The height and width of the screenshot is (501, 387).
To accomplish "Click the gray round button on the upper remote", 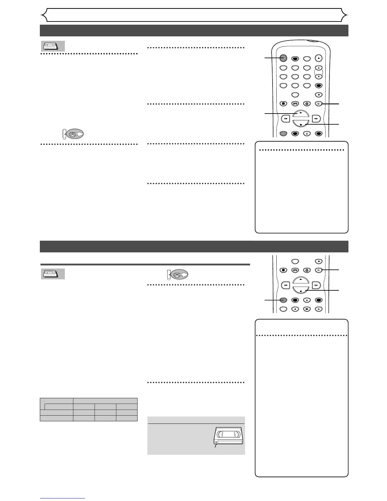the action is coord(283,58).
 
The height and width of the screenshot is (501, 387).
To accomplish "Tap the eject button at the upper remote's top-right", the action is coord(319,58).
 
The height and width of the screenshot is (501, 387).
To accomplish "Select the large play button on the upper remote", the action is coord(301,114).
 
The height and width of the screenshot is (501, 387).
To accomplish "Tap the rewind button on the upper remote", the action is coord(285,119).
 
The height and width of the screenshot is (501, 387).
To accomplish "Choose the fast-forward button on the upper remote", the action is coord(316,119).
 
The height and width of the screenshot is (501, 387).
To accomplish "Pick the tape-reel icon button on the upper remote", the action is coord(295,103).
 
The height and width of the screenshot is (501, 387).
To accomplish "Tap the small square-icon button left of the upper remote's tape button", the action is coord(284,103).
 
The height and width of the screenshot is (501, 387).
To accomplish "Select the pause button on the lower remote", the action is coord(319,270).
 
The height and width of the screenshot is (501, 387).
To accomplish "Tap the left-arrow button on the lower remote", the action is coord(295,309).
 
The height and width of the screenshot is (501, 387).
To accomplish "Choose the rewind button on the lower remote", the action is coord(285,285).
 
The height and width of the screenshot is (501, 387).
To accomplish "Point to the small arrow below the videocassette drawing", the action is coord(216,446).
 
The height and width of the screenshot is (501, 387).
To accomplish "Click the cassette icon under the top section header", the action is coord(53,46).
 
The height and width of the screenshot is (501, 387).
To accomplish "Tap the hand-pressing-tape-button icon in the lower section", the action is coord(177,275).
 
